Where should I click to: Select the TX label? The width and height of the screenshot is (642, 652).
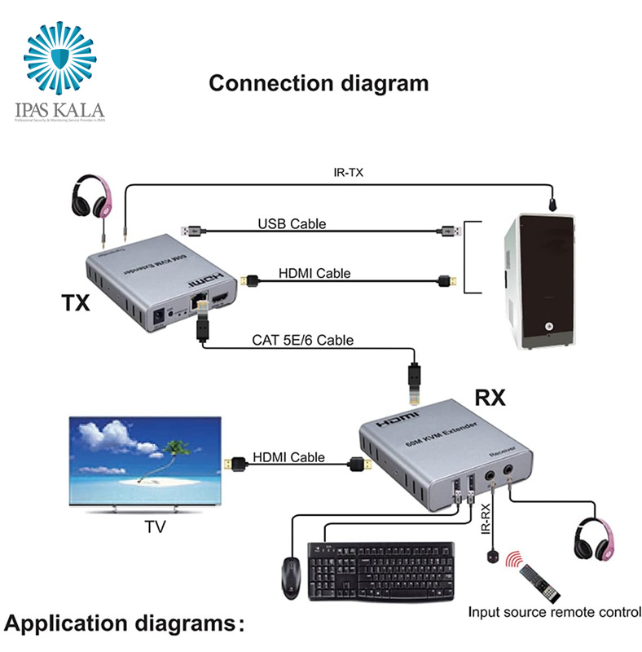[x=76, y=302]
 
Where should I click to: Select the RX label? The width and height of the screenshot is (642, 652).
[x=490, y=398]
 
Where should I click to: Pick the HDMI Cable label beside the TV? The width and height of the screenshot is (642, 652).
[x=288, y=457]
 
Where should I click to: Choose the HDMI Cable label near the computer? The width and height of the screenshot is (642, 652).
[x=314, y=273]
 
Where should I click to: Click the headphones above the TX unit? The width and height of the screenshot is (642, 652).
[x=91, y=198]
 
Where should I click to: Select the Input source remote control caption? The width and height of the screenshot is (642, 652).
[x=555, y=612]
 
